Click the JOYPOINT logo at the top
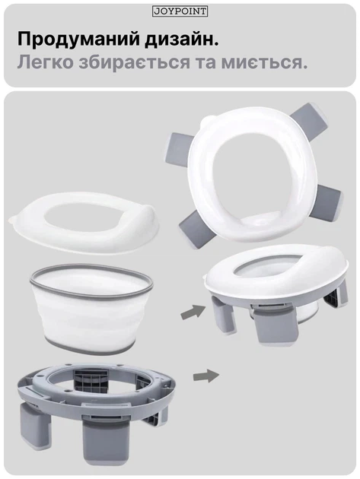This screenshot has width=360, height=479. click(x=180, y=11)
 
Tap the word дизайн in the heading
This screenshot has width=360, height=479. click(x=182, y=40)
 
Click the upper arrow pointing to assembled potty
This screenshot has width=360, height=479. click(x=193, y=312)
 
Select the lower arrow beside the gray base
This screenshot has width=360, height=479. click(x=206, y=376)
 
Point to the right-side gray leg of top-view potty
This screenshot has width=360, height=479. click(x=330, y=201)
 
